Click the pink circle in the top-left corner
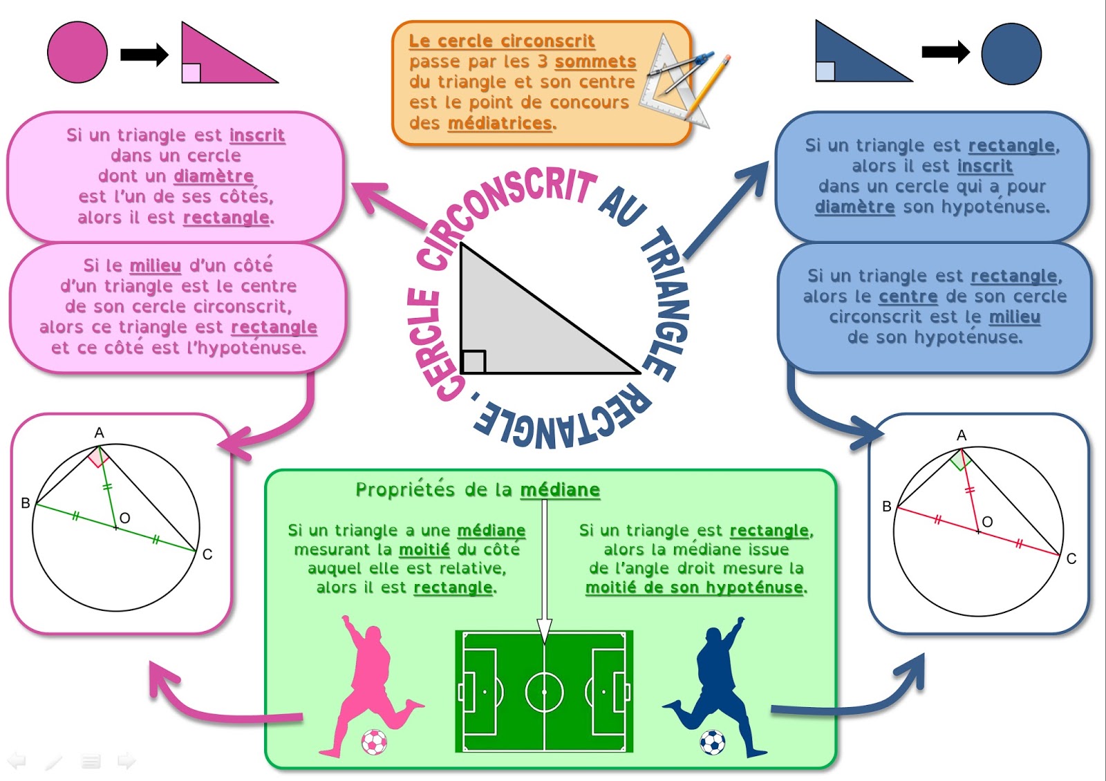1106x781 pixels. pos(77,53)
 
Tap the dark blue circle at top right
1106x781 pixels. pos(1011,54)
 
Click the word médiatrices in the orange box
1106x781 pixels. pos(500,124)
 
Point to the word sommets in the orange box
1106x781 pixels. pos(595,62)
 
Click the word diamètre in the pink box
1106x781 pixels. pos(214,176)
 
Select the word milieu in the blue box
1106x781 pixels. pos(1014,317)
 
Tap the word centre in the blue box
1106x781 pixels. pos(908,297)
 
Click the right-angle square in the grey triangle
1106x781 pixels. pos(474,361)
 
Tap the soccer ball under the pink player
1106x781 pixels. pos(374,742)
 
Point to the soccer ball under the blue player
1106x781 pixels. pos(713,742)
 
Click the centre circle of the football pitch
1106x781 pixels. pos(545,691)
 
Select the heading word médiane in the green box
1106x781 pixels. pos(560,490)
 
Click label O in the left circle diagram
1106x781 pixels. pos(125,518)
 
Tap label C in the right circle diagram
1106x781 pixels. pos(1071,558)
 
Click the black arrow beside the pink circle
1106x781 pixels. pos(144,54)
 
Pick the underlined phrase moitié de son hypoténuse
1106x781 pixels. pos(694,587)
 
